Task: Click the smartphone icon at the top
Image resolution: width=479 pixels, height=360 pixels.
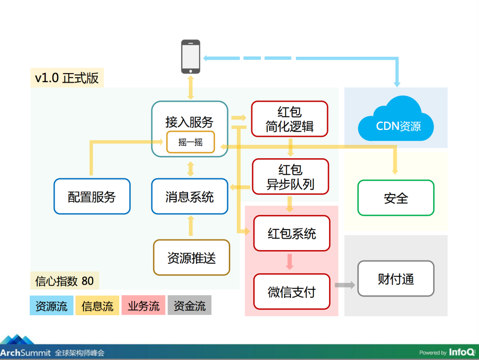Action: (191, 56)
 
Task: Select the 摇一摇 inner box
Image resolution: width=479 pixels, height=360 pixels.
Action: (191, 142)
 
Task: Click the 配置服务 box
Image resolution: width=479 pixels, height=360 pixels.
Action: (92, 196)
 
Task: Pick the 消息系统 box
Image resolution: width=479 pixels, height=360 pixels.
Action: (190, 196)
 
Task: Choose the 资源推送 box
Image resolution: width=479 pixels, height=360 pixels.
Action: (192, 258)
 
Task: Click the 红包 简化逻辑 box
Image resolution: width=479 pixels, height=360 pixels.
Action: (290, 119)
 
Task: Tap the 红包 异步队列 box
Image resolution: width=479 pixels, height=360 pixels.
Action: (291, 176)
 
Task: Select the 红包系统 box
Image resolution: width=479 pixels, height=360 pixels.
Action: (292, 233)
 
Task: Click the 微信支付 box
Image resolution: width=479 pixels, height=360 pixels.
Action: (292, 292)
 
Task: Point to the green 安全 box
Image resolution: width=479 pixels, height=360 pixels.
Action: (396, 198)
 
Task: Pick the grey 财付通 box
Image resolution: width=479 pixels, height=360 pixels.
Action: (396, 278)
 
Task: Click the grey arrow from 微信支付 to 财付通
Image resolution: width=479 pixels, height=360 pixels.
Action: (345, 285)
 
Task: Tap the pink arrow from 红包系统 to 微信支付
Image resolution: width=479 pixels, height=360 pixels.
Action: (290, 262)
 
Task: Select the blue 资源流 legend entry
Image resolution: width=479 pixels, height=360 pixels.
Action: (51, 305)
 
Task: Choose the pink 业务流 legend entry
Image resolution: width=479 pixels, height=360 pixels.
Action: (144, 305)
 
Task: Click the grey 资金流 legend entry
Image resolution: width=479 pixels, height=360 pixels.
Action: (189, 305)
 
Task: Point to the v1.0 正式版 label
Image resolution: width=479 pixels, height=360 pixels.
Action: (67, 78)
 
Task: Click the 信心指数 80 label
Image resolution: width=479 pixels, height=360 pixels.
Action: (64, 281)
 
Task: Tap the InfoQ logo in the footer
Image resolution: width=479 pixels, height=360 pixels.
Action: (462, 352)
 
